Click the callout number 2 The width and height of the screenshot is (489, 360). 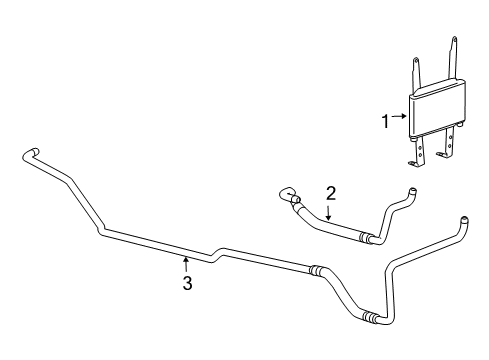pos(329,193)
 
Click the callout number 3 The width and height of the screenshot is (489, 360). pos(186,284)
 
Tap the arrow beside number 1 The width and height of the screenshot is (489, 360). pos(400,118)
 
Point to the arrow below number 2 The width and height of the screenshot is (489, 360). pos(329,211)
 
